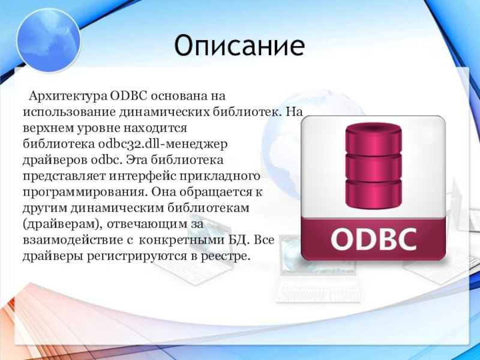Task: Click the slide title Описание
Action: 239,46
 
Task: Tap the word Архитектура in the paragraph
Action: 68,96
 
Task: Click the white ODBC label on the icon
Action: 373,239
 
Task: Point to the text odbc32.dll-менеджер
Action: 163,143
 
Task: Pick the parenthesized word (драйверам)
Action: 62,224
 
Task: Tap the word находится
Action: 155,128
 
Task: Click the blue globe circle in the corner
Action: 49,41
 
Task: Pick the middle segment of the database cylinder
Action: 373,169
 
